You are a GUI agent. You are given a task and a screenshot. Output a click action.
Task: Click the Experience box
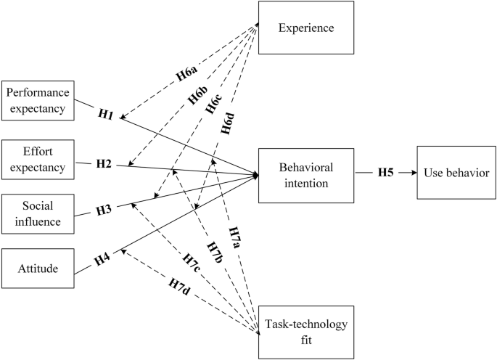305,28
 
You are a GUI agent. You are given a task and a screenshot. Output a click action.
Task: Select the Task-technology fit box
305,330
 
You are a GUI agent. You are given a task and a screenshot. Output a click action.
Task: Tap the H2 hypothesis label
104,163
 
